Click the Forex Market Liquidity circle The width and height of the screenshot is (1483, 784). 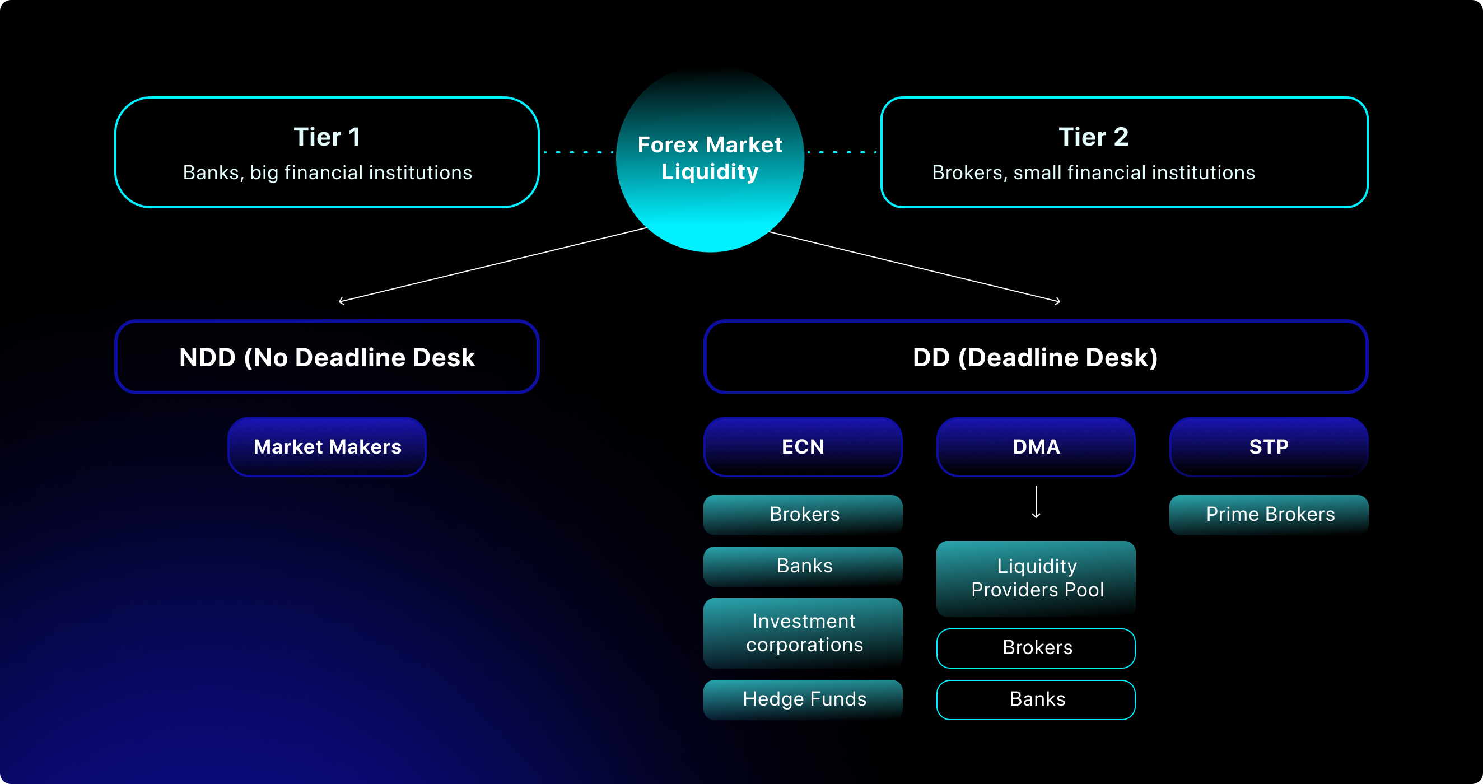[709, 158]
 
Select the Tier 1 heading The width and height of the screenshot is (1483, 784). [327, 137]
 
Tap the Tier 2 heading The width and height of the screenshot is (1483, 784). [1093, 137]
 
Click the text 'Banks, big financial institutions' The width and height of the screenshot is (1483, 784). [327, 172]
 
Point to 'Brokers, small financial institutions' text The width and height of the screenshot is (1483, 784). [1093, 172]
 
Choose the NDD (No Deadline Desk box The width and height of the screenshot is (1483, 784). [327, 357]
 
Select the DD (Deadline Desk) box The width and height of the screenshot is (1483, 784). [1035, 357]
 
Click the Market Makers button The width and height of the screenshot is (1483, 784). [327, 447]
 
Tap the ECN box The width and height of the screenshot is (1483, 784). [803, 447]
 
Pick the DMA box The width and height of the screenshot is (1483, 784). [1036, 447]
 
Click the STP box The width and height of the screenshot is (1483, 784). [1269, 447]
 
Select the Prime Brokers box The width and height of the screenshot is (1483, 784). [1270, 514]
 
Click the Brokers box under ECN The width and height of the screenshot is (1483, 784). [803, 514]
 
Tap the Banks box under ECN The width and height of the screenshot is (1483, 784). [803, 566]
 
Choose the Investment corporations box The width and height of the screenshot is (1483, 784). [803, 633]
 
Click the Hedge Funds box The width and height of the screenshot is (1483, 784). [803, 699]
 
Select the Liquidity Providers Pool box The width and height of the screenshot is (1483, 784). [1036, 578]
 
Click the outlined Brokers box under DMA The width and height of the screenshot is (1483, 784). [1036, 647]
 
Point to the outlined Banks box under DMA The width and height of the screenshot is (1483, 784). [1036, 699]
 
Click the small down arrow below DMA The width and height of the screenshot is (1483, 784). [1036, 502]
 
